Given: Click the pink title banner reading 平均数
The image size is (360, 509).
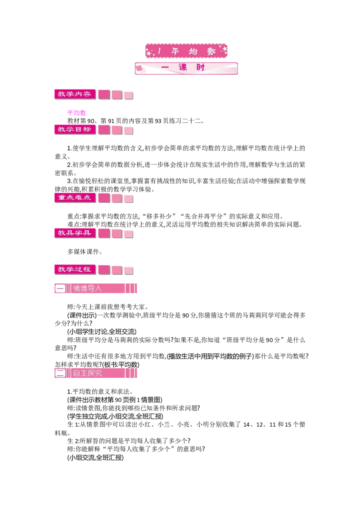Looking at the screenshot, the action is click(186, 51).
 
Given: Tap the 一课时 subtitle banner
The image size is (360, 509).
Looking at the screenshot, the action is click(186, 68).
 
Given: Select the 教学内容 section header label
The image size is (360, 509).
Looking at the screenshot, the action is click(75, 94).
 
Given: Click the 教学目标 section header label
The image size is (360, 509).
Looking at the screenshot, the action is click(75, 129).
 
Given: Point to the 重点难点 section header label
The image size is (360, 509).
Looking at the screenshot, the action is click(75, 198).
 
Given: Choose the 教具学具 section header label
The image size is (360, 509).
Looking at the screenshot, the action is click(75, 233).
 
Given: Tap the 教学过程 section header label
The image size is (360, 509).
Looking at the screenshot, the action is click(75, 269).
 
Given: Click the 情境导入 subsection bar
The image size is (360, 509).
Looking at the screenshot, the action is click(95, 288).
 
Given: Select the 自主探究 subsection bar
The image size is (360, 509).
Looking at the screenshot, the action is click(95, 373).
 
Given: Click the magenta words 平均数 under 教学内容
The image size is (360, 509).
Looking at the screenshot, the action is click(76, 113).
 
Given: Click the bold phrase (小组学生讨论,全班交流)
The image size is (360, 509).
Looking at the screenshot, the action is click(102, 332).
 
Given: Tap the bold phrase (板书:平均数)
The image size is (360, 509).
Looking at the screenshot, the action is click(121, 365).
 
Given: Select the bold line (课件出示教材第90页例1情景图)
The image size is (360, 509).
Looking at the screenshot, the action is click(115, 400).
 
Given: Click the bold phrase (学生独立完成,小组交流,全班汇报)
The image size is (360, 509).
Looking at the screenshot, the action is click(115, 416).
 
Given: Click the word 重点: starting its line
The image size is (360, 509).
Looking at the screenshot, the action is click(74, 216).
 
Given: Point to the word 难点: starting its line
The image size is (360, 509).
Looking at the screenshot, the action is click(74, 224).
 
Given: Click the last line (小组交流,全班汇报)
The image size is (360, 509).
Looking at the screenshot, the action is click(95, 458).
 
